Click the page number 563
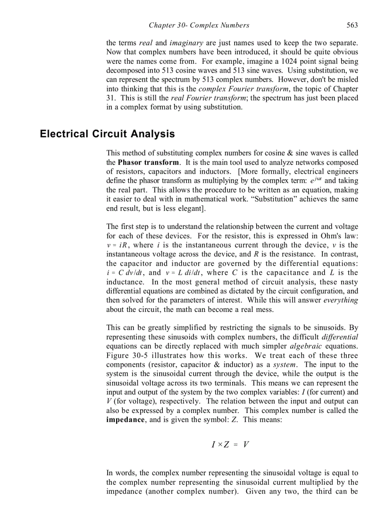(x=352, y=25)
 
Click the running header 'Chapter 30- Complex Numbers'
(x=199, y=25)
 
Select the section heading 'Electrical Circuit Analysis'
(x=107, y=134)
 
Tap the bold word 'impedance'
(x=125, y=420)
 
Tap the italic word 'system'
(x=285, y=364)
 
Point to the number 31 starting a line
(x=110, y=98)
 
